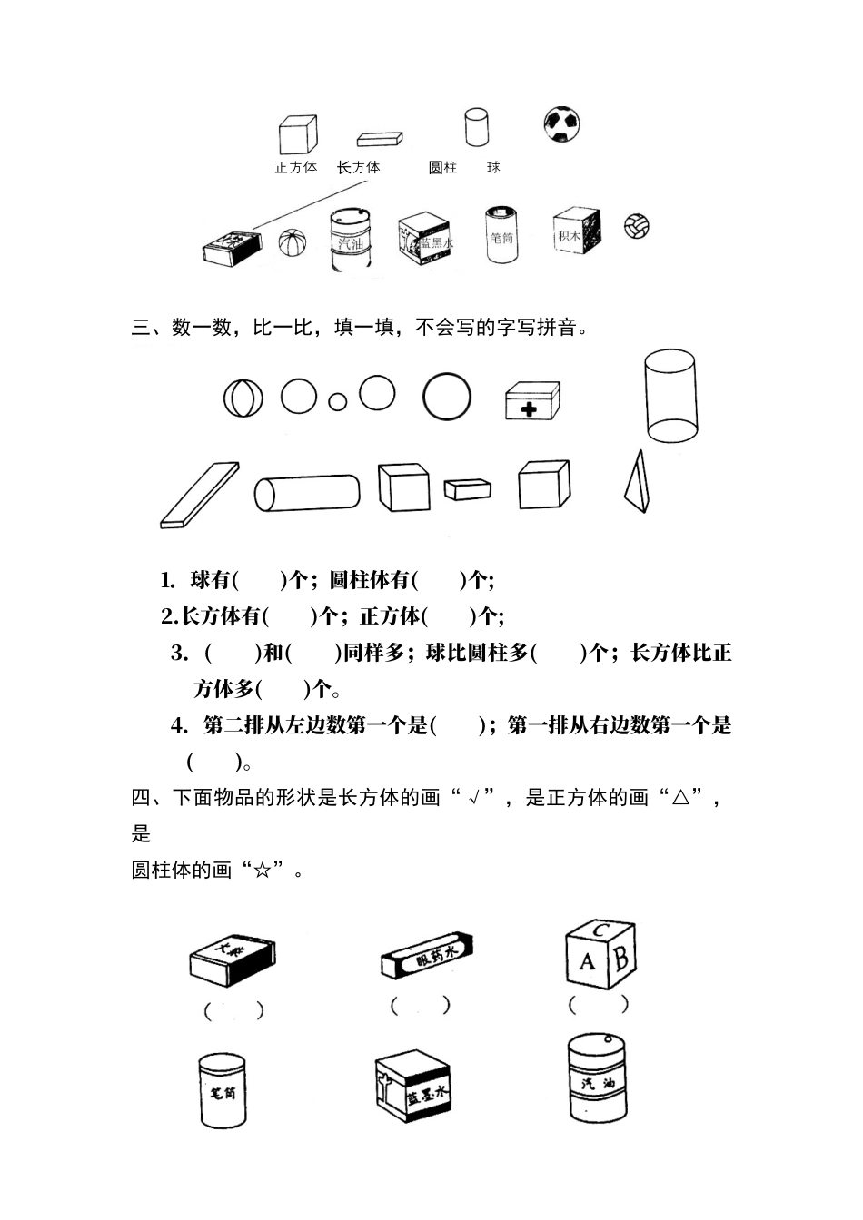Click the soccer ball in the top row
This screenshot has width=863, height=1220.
tap(562, 123)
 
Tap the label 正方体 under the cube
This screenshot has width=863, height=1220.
tap(296, 168)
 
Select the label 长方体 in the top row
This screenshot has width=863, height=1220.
tap(359, 168)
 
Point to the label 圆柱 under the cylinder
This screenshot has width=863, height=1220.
tap(443, 168)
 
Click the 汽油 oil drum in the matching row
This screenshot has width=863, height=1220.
tap(350, 241)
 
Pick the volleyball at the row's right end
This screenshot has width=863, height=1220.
tap(637, 226)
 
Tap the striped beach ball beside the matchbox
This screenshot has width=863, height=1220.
tap(293, 244)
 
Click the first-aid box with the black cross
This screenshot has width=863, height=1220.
tap(532, 400)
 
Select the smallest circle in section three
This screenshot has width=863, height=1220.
tap(338, 401)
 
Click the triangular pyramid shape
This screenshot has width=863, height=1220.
tap(637, 482)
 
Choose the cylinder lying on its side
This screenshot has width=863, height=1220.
tap(306, 492)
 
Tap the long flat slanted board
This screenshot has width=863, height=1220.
tap(200, 495)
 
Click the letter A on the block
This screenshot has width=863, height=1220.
tap(587, 959)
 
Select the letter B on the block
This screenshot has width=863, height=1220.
tap(621, 957)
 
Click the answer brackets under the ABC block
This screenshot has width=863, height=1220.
tap(599, 1004)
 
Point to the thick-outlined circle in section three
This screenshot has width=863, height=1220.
tap(447, 397)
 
